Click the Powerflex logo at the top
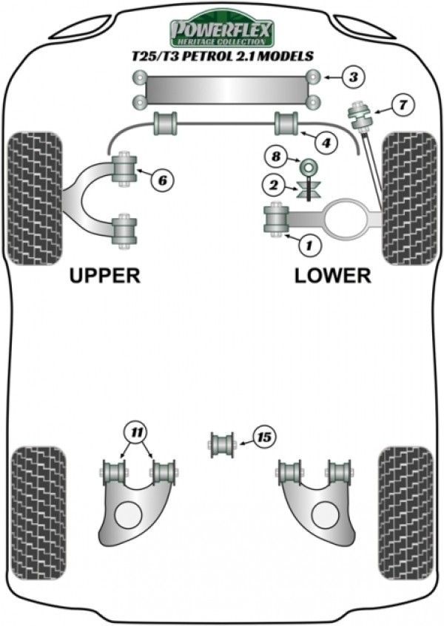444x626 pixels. point(222,30)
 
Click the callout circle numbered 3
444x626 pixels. point(353,77)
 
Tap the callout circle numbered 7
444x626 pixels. point(402,105)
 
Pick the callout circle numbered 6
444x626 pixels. point(163,178)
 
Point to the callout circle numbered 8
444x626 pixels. point(276,157)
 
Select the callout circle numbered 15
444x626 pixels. point(263,438)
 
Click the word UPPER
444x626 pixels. point(104,276)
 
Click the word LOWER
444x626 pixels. point(332,276)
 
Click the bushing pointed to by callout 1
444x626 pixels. point(275,220)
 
